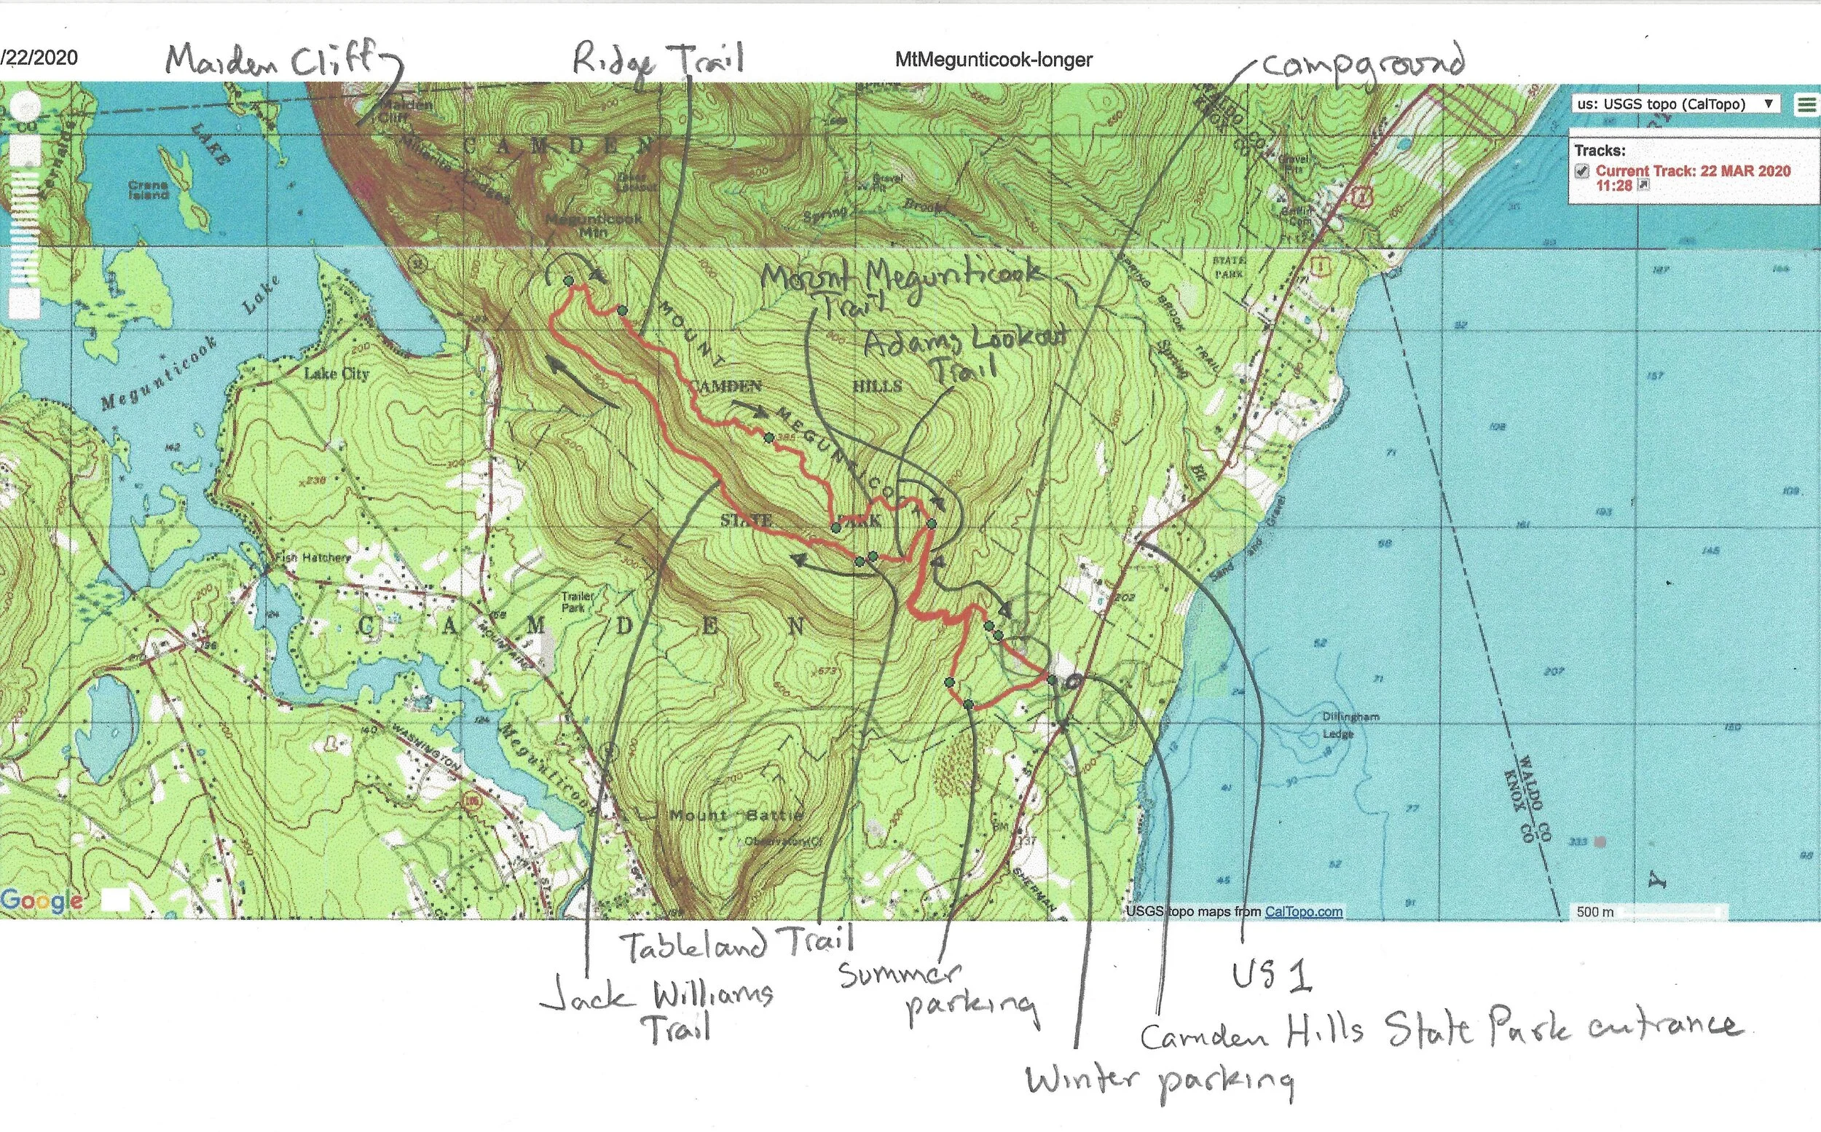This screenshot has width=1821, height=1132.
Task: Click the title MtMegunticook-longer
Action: [994, 60]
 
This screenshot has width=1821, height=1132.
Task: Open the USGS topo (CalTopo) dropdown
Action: [1677, 104]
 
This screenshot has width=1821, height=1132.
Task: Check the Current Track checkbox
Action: [1581, 170]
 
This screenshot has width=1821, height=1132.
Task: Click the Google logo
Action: [42, 900]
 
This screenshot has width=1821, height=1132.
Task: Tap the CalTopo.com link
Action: [1303, 912]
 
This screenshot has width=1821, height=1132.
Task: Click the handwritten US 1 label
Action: [1272, 977]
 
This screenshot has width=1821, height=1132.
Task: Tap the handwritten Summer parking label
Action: [935, 992]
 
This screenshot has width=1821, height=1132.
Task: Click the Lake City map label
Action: [336, 374]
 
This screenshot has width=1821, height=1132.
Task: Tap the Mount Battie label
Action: [736, 815]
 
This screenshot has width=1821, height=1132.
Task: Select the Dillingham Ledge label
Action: [1350, 725]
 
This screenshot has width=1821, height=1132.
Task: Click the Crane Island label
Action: [147, 189]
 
